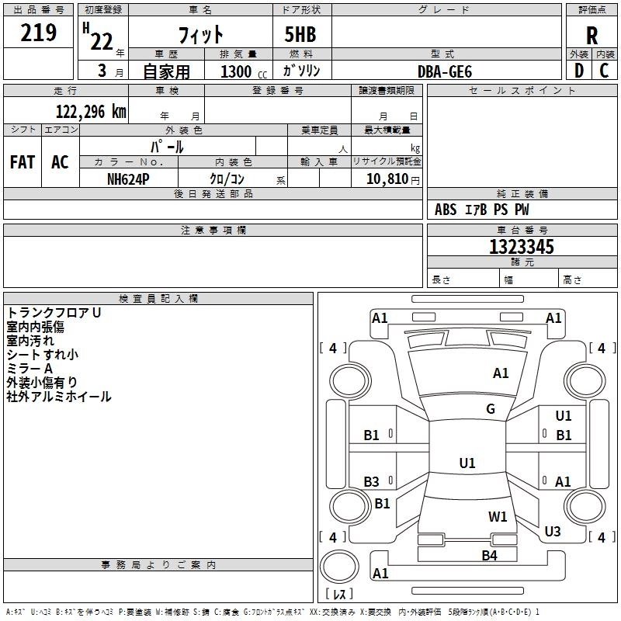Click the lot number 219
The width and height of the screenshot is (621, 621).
pos(39,33)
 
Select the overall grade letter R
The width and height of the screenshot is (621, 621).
pos(592,36)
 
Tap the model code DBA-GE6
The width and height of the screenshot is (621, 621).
pos(445,71)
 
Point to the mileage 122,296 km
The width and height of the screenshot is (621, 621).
pos(91,112)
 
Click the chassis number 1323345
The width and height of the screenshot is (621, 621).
pos(522,247)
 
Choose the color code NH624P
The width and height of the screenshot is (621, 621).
pos(128,179)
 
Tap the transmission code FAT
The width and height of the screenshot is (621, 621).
pos(23,162)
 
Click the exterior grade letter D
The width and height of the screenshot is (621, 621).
pos(578,71)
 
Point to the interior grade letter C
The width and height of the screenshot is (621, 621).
pos(605,71)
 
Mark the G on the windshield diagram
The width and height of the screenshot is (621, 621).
pos(491,409)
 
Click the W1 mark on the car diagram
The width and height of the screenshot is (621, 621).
pos(498,516)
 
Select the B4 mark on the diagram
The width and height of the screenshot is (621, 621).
pos(489,555)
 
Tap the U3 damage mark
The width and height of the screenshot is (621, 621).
pos(553,532)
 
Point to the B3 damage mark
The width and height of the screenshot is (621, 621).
pos(372,482)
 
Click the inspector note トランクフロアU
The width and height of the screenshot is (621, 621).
pos(54,313)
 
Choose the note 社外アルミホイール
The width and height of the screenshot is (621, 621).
pos(59,397)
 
